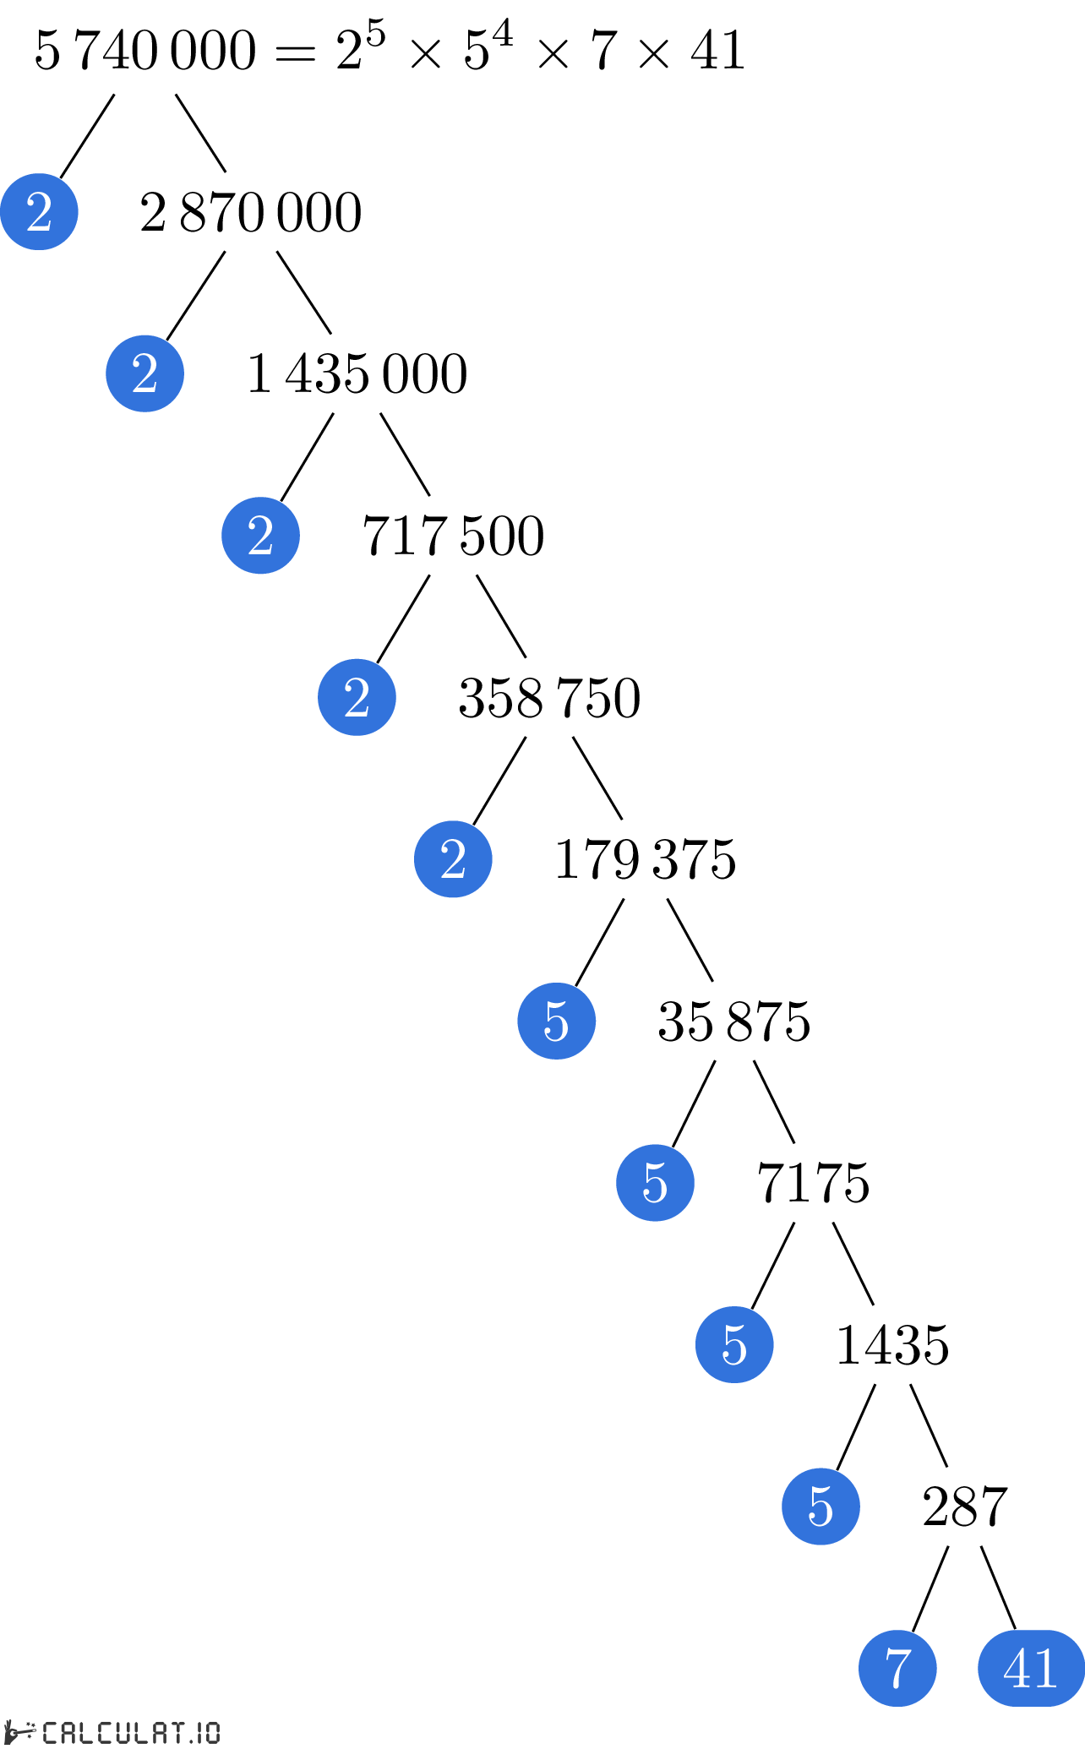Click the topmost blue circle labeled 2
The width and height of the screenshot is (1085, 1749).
[x=39, y=211]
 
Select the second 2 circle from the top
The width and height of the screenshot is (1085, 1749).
[x=144, y=373]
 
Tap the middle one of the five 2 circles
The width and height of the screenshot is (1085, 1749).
[x=260, y=536]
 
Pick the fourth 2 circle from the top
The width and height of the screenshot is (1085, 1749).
[x=357, y=697]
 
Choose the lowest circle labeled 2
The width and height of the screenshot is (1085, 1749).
[x=453, y=859]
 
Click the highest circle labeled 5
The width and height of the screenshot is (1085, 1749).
[x=556, y=1021]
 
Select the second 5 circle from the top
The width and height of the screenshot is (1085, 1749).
[x=655, y=1183]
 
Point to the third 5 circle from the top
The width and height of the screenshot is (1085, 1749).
[x=734, y=1344]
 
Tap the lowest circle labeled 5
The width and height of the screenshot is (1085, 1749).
[x=821, y=1507]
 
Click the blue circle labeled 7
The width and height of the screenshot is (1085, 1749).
[x=897, y=1668]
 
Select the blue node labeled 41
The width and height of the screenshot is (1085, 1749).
[x=1031, y=1668]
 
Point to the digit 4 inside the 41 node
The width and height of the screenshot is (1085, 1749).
[x=1017, y=1669]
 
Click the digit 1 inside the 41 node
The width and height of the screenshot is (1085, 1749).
[x=1046, y=1669]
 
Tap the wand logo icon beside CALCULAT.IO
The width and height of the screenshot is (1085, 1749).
[x=19, y=1731]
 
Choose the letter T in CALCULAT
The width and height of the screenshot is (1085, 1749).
[x=177, y=1733]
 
